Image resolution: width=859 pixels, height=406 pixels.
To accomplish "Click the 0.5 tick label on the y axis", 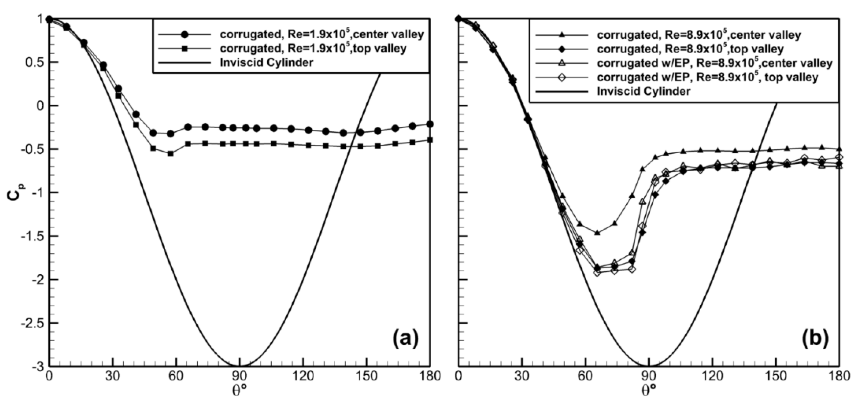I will click(35, 62).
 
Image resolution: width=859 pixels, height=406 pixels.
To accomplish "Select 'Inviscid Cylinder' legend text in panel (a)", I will click(267, 62).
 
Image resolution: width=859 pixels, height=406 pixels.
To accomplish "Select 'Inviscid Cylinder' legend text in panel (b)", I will click(643, 91).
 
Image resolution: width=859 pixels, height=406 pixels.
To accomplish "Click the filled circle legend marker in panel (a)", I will click(185, 34).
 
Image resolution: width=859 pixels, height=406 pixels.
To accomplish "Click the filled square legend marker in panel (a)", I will click(185, 48).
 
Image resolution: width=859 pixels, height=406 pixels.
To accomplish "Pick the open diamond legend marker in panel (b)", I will click(562, 77).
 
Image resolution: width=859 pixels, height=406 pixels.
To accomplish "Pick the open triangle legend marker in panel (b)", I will click(562, 63).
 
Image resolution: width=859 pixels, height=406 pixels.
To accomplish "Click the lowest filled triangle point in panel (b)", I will click(597, 232).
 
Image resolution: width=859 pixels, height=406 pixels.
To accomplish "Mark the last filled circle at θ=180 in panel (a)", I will click(430, 124).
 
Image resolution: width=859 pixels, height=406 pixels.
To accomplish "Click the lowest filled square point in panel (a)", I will click(170, 154).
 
